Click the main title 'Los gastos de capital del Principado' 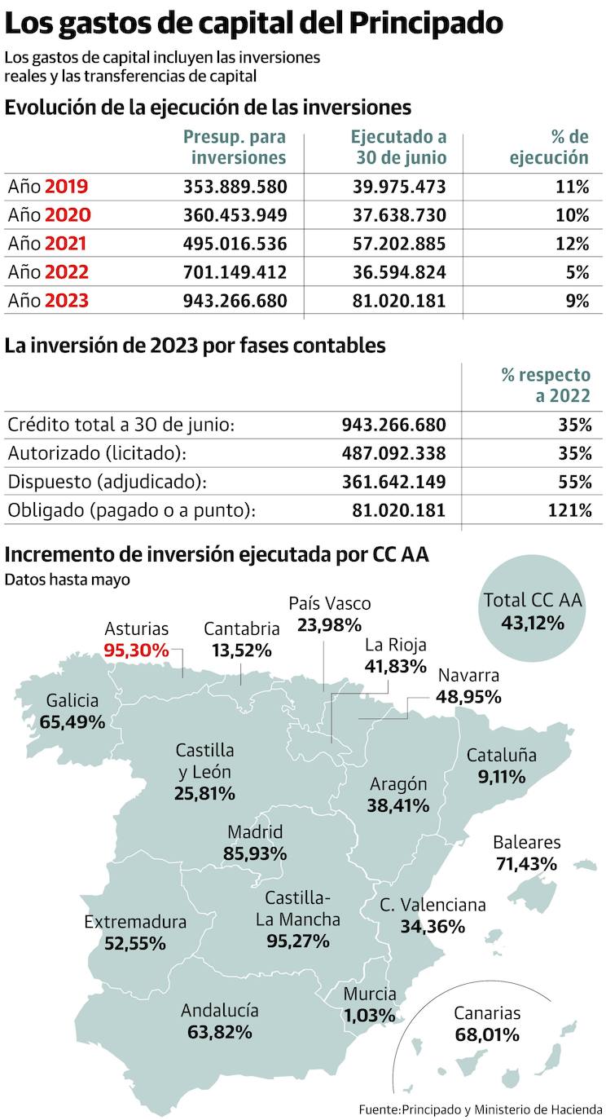pyautogui.click(x=253, y=24)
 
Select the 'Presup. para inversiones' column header pyautogui.click(x=235, y=148)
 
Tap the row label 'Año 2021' pyautogui.click(x=48, y=244)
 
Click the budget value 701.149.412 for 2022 pyautogui.click(x=235, y=272)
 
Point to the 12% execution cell pyautogui.click(x=572, y=244)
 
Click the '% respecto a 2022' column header pyautogui.click(x=546, y=386)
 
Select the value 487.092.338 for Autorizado pyautogui.click(x=393, y=453)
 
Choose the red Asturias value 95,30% pyautogui.click(x=136, y=650)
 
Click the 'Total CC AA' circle pyautogui.click(x=533, y=611)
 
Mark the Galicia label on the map pyautogui.click(x=72, y=700)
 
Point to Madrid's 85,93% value pyautogui.click(x=254, y=853)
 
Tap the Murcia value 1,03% pyautogui.click(x=369, y=1015)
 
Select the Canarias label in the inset pyautogui.click(x=487, y=1013)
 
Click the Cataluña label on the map pyautogui.click(x=501, y=755)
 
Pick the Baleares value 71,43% pyautogui.click(x=525, y=863)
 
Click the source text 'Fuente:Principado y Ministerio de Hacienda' pyautogui.click(x=481, y=1109)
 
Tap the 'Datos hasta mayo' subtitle pyautogui.click(x=67, y=580)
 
